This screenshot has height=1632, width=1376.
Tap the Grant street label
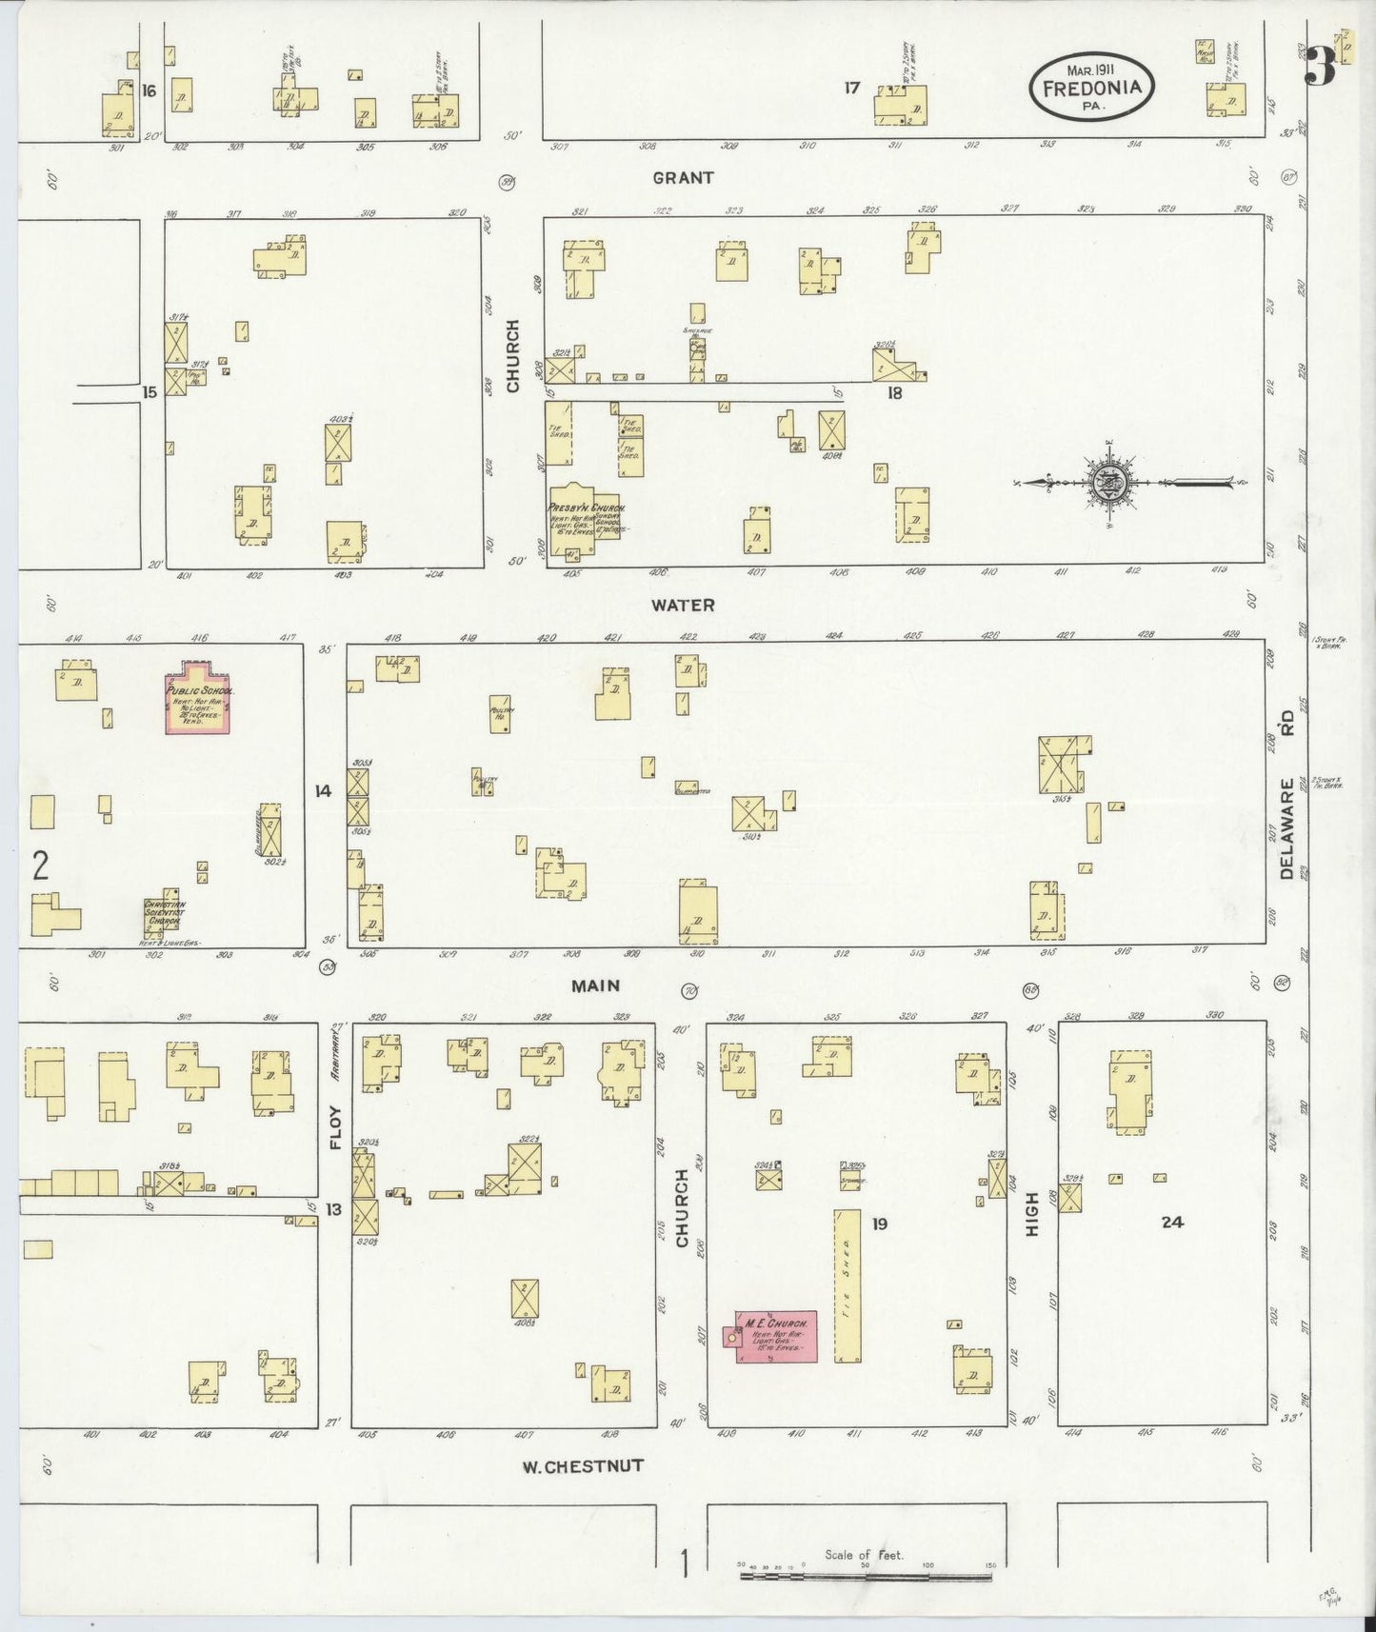(683, 178)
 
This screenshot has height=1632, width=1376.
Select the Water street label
(683, 605)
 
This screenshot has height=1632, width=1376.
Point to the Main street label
(596, 986)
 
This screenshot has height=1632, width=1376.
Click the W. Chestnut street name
(582, 1465)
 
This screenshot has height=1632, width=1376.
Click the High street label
(1031, 1216)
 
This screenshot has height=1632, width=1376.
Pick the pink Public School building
(199, 698)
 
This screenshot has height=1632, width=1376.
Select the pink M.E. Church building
(776, 1336)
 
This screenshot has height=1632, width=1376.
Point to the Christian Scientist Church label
(163, 912)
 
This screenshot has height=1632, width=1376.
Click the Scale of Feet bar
(866, 1576)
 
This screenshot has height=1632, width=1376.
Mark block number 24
(1172, 1222)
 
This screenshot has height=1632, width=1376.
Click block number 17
(851, 89)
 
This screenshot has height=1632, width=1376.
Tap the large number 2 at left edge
(40, 866)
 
